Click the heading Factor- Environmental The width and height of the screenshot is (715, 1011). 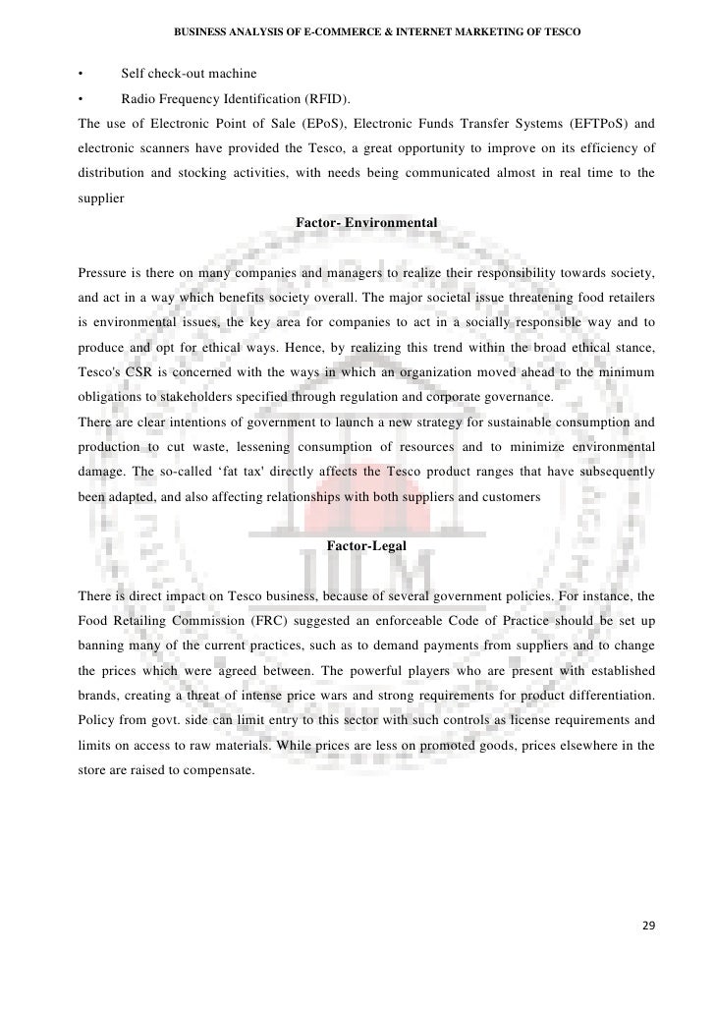pos(365,224)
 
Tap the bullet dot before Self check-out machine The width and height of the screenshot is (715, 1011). pos(80,74)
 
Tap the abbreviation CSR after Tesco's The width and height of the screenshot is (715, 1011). pos(137,372)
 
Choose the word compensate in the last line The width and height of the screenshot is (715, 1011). pos(220,769)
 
